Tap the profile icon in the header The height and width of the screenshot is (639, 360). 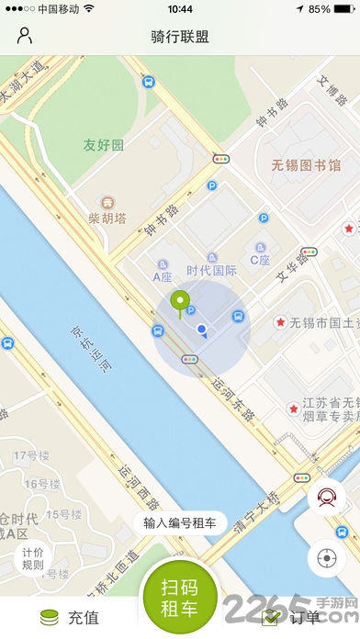point(25,37)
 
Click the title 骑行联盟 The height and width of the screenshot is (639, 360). point(180,37)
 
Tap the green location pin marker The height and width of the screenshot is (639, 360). point(181,302)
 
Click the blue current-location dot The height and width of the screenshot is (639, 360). point(201,329)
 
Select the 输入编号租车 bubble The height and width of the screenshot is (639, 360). point(180,523)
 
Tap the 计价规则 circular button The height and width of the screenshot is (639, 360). point(33,558)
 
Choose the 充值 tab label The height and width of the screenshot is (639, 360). point(83,618)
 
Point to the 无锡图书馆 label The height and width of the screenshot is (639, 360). point(306,165)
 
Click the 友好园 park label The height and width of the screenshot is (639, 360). point(104,145)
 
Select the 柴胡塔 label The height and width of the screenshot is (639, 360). point(107,218)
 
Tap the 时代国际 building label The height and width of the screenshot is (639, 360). point(212,271)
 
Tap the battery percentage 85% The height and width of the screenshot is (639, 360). point(320,8)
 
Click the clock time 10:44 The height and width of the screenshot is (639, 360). point(180,8)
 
